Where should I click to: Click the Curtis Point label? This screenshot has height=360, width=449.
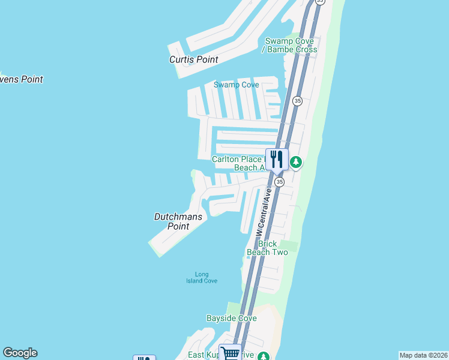193,59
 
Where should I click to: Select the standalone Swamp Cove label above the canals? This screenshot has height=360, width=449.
237,85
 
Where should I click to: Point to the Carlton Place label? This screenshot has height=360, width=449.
237,159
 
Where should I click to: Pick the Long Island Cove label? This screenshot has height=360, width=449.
201,277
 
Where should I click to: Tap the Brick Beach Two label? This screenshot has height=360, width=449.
267,248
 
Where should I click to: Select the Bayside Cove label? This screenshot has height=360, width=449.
231,318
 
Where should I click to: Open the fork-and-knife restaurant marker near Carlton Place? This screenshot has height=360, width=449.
277,160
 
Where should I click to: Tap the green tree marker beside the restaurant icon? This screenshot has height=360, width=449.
295,162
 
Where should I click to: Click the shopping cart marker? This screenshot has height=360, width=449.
230,353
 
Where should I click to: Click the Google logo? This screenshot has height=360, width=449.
20,353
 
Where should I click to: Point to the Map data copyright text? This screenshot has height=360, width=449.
424,355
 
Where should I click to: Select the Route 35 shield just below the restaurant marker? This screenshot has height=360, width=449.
279,181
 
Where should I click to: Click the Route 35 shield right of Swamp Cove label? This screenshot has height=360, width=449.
297,101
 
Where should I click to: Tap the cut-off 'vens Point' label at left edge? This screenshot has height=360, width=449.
21,79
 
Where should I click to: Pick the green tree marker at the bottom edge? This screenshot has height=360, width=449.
263,356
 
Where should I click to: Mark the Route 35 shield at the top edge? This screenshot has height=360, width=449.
320,2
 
